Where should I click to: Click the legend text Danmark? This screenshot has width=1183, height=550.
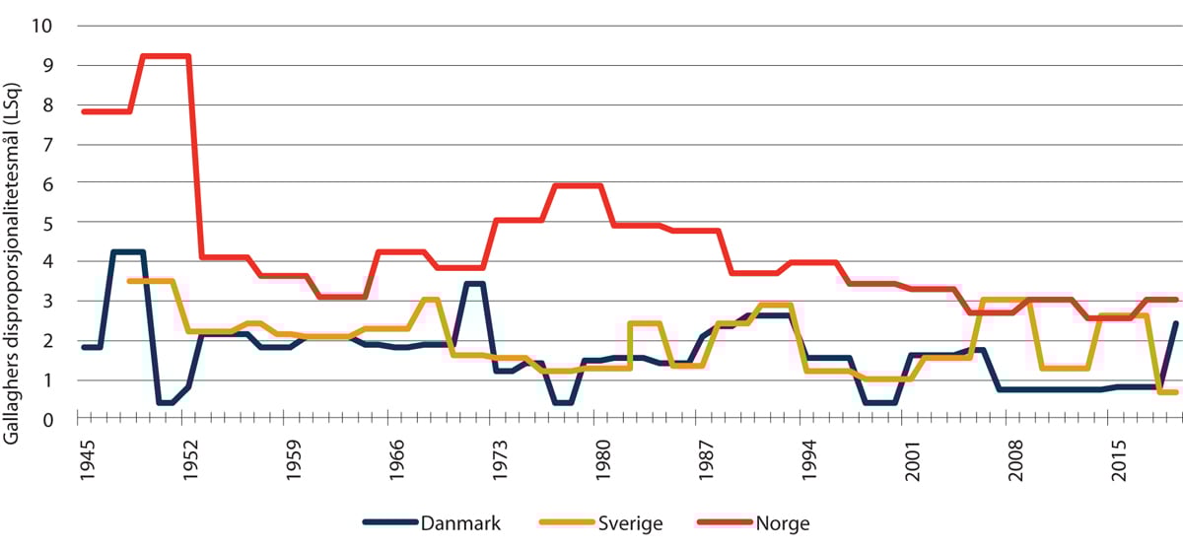(x=461, y=523)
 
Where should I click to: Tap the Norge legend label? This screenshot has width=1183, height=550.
(x=782, y=523)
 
